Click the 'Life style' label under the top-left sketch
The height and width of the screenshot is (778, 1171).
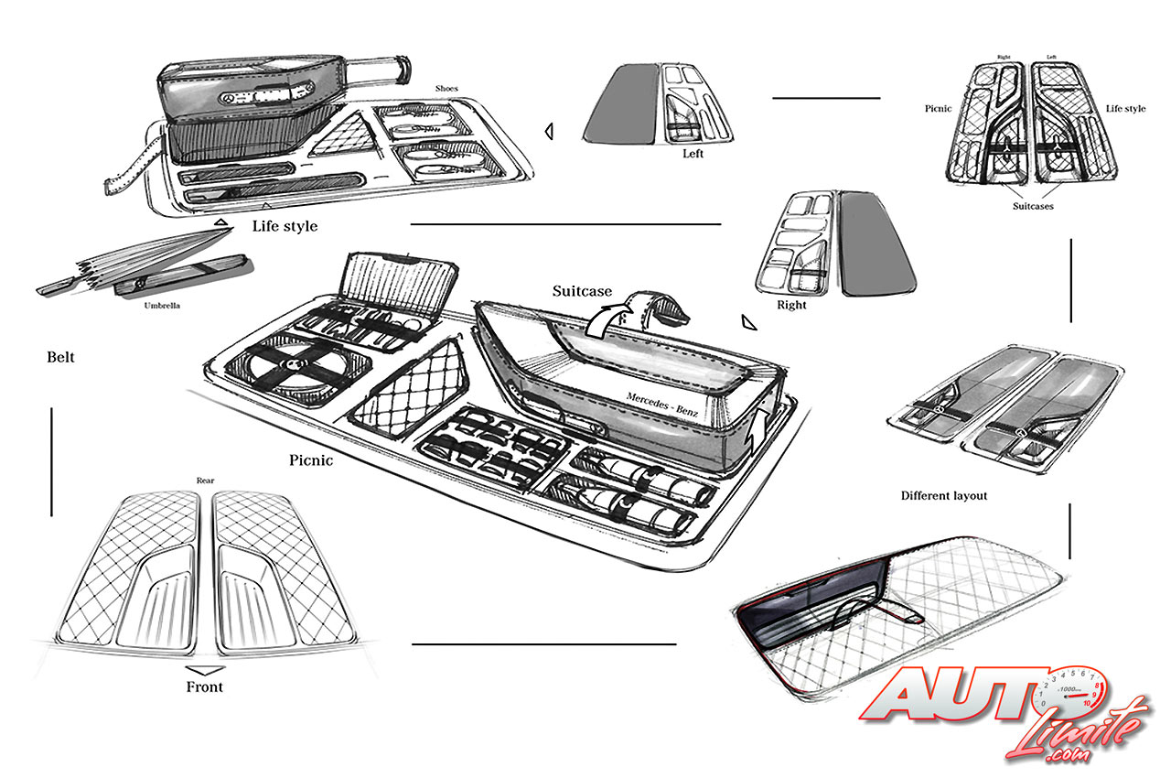tap(284, 225)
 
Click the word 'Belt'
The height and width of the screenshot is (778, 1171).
tap(60, 357)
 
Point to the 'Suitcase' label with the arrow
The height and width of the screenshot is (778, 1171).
tap(582, 291)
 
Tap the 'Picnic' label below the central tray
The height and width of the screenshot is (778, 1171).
tap(311, 460)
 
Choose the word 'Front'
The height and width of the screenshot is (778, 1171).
tap(204, 686)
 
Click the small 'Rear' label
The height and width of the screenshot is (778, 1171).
tap(205, 480)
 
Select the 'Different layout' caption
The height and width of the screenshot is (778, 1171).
tap(944, 495)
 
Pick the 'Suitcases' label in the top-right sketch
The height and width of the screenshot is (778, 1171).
tap(1032, 206)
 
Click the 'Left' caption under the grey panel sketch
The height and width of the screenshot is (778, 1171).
tap(693, 154)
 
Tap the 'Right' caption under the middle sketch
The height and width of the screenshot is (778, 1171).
tap(791, 305)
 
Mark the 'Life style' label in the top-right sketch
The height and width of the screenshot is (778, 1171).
tap(1125, 109)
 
